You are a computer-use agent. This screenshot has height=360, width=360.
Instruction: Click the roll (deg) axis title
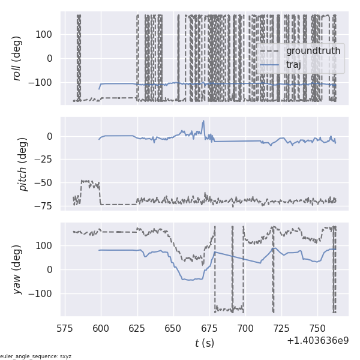(x=24, y=58)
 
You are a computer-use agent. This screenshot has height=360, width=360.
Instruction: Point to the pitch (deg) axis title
(x=24, y=164)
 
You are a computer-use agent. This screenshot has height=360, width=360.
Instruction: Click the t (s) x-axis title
(x=204, y=343)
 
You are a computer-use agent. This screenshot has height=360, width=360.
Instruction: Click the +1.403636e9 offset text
(x=317, y=340)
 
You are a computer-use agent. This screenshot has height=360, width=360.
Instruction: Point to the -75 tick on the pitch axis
(x=47, y=205)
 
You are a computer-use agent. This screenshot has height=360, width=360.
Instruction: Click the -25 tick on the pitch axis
(x=47, y=159)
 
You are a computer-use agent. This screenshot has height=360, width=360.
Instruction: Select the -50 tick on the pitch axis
(x=47, y=182)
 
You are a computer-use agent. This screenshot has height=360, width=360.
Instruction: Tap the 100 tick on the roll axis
(x=46, y=34)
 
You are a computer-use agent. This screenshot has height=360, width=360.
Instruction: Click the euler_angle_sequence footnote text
(x=36, y=356)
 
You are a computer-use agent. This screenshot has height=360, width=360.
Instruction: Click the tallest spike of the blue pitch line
(x=203, y=121)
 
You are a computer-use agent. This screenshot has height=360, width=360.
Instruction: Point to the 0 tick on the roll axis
(x=53, y=58)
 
